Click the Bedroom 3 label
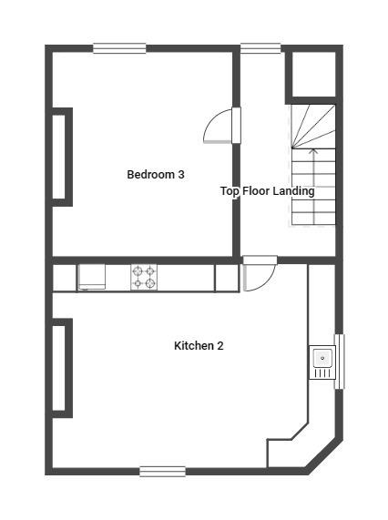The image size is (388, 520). coord(156,174)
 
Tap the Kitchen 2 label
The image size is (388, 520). coord(199,346)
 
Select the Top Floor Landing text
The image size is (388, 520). coord(267,191)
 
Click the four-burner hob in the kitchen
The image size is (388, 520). coord(143,277)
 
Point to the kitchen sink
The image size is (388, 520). coord(322,362)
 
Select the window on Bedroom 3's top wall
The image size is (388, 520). coord(119,48)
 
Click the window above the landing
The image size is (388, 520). coord(260,48)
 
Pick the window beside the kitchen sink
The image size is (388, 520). coord(340,362)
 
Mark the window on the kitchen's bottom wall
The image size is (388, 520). coord(162,471)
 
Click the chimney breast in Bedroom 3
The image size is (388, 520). coord(62,157)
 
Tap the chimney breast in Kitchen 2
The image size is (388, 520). coord(62,368)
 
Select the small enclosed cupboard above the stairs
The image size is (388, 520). coord(311,75)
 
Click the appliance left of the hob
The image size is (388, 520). coord(92,277)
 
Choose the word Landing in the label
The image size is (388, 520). coord(293,191)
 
